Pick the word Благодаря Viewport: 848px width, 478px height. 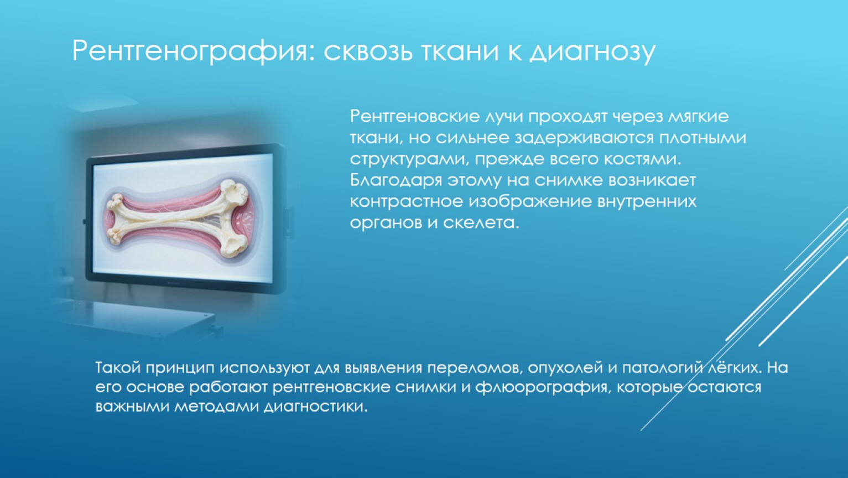pos(396,180)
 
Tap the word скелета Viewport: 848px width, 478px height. pos(481,223)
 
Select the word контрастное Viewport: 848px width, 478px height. pos(407,201)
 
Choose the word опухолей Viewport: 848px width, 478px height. pos(565,368)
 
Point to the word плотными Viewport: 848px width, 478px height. pos(703,138)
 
